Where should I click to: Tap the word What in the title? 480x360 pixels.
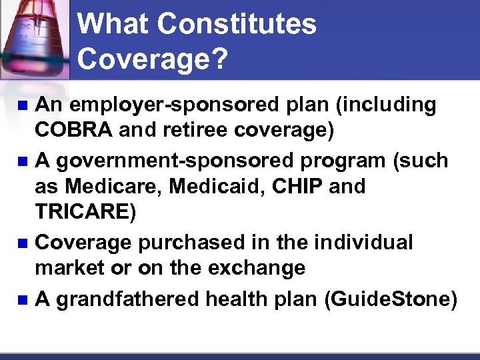pos(115,25)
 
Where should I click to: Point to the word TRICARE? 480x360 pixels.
pos(85,212)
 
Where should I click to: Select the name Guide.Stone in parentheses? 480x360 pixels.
pos(391,300)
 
